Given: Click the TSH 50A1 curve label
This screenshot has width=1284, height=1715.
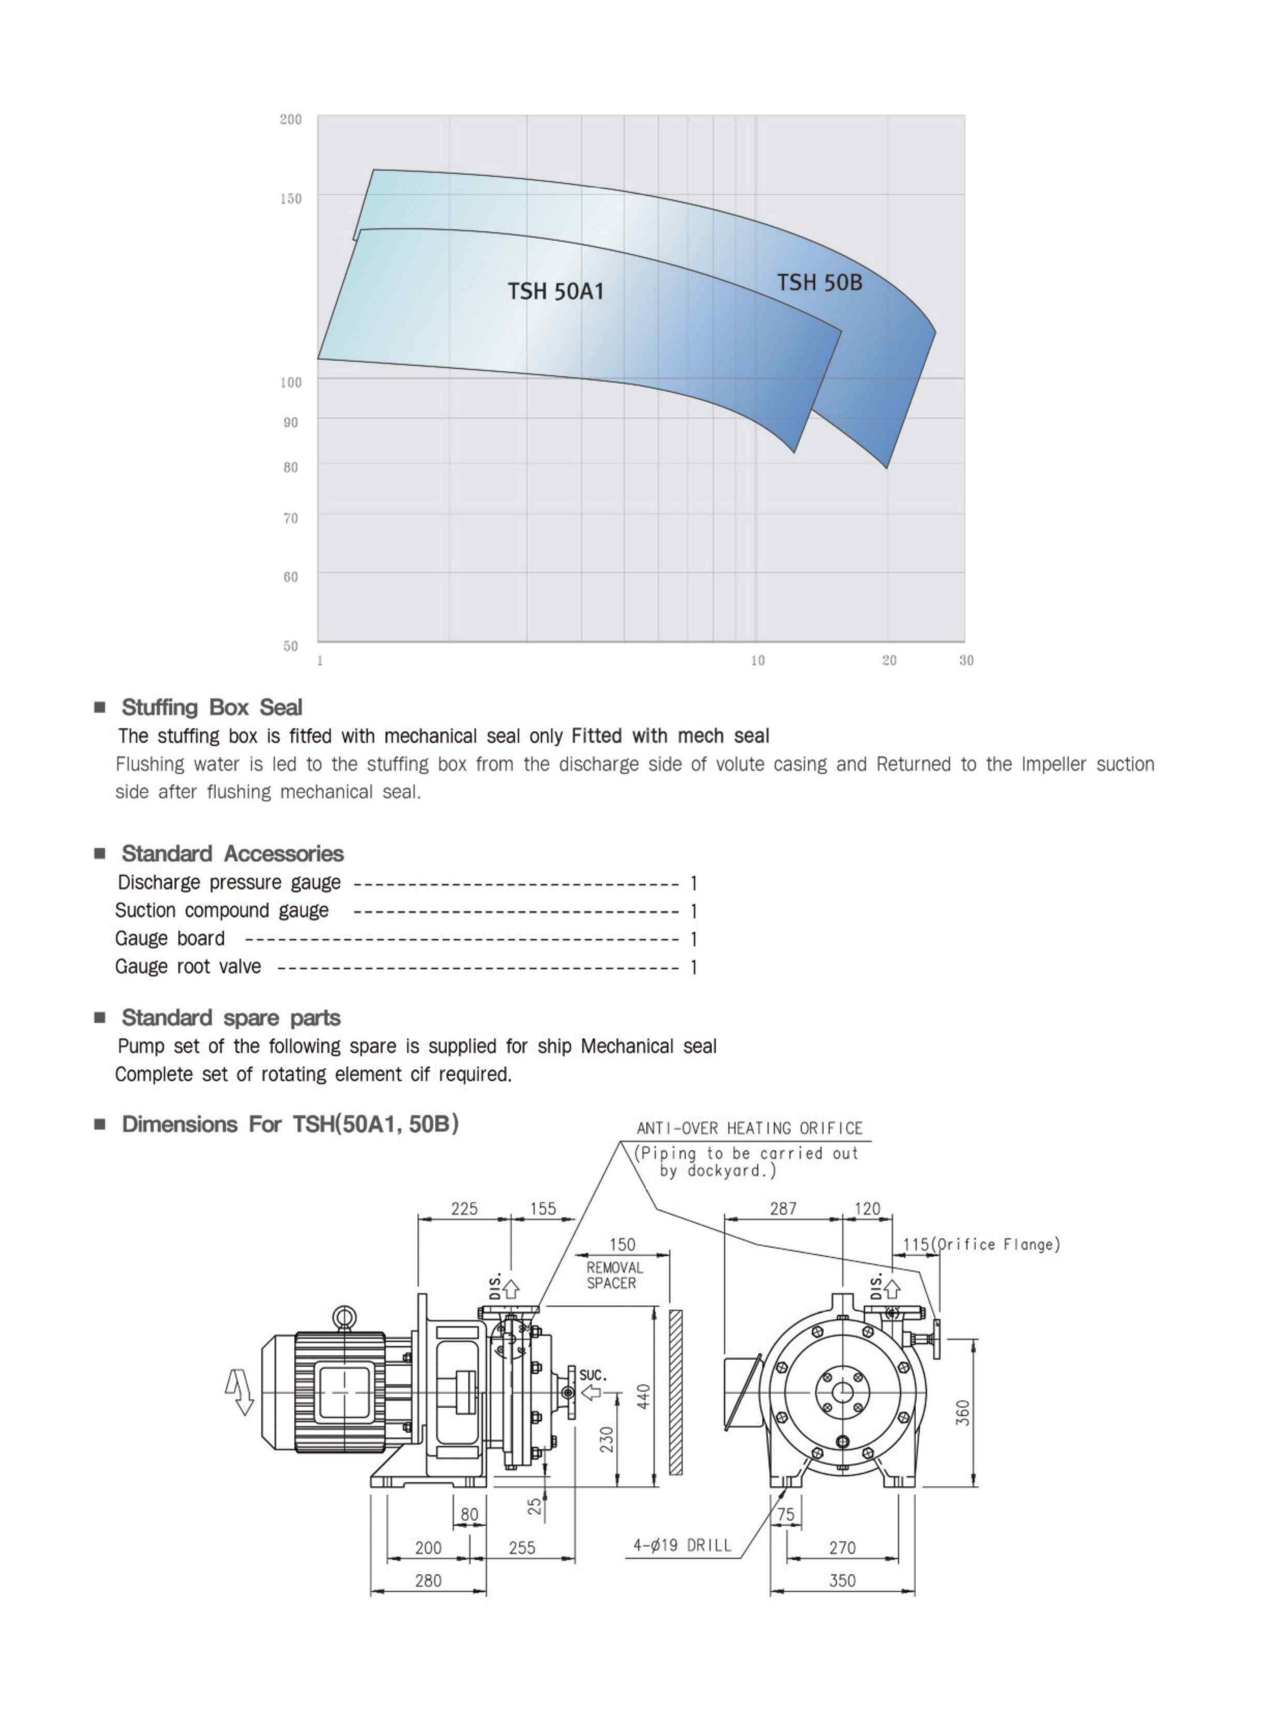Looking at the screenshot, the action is (x=555, y=292).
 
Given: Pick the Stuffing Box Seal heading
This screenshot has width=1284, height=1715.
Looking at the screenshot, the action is (x=212, y=707).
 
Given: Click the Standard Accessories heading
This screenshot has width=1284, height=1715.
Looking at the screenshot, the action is (x=232, y=854).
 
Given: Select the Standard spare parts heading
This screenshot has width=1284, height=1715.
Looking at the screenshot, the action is (x=231, y=1018).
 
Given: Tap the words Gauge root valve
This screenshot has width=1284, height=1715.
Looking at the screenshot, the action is (x=188, y=967).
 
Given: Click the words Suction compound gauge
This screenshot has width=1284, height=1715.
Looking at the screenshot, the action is (x=222, y=911).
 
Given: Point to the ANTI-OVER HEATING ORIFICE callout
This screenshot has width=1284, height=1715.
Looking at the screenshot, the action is (x=750, y=1129).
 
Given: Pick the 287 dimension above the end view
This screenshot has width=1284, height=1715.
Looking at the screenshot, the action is (x=783, y=1209).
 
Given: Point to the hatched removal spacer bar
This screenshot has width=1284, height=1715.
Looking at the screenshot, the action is (x=675, y=1392).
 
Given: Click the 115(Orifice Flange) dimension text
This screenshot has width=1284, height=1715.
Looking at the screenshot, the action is (x=981, y=1244).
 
